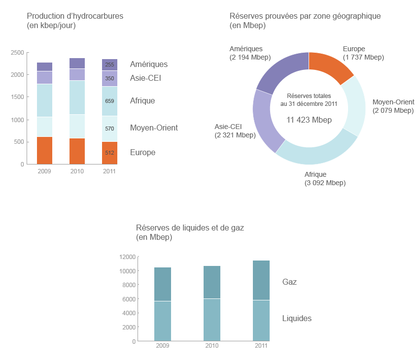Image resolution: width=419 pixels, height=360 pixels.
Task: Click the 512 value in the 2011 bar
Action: tap(109, 153)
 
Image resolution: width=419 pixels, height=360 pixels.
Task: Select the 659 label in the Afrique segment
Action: tap(109, 101)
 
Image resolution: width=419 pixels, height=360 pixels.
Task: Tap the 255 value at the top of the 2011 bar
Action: tap(109, 65)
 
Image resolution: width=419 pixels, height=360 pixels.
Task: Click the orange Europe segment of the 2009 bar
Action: tap(44, 150)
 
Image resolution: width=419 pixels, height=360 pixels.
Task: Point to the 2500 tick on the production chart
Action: tap(17, 52)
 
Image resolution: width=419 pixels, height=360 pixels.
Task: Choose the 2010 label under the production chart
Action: tap(77, 171)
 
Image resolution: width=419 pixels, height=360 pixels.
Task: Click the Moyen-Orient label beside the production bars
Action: tap(154, 128)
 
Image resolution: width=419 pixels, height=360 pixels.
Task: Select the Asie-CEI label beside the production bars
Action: tap(145, 78)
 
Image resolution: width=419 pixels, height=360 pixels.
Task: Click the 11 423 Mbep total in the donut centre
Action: tap(309, 120)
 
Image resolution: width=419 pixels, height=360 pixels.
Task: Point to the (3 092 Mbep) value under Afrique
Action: tap(325, 183)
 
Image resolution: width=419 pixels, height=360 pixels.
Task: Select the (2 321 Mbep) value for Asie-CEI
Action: tap(235, 135)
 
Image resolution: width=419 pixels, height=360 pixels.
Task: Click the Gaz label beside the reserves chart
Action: tap(289, 282)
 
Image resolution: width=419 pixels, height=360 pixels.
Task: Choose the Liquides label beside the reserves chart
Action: tap(297, 319)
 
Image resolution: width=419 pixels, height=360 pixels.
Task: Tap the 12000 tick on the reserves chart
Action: tap(127, 257)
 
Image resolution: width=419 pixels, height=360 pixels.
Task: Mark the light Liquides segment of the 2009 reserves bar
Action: tap(163, 321)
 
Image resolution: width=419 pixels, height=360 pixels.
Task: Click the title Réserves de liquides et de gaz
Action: tap(190, 228)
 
